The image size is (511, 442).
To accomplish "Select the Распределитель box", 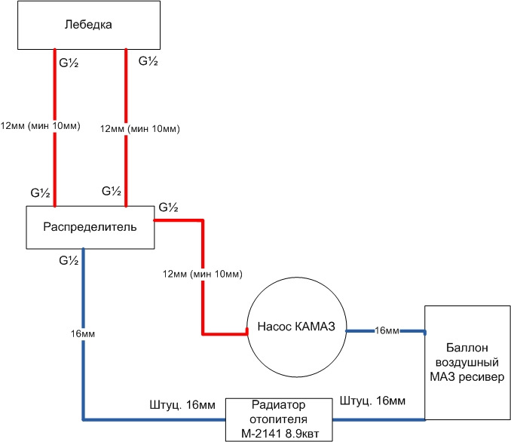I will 90,226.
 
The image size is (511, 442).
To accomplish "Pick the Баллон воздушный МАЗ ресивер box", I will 467,363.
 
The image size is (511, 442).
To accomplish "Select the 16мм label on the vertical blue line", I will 83,333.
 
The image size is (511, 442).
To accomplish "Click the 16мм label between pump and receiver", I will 387,330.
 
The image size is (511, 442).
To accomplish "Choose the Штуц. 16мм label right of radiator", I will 372,399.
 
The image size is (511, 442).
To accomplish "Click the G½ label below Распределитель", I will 69,260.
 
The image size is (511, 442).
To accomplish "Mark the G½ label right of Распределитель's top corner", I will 169,207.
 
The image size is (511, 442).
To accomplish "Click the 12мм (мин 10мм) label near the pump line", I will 201,273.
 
